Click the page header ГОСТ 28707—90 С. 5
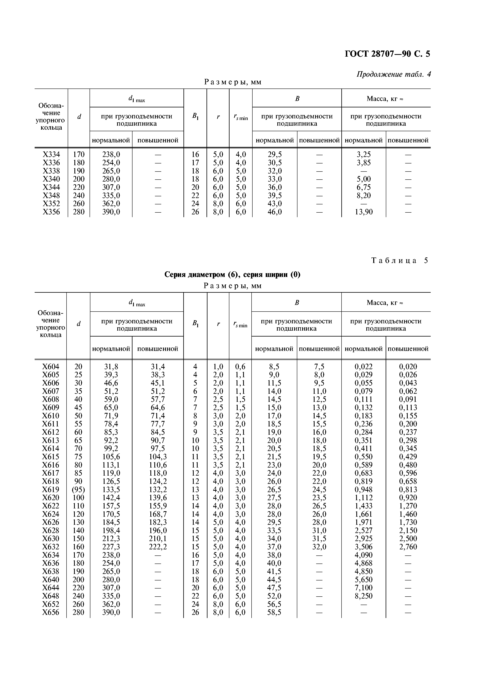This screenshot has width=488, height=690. click(x=387, y=54)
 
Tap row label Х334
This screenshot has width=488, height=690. click(x=51, y=154)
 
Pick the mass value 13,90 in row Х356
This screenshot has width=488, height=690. click(x=364, y=212)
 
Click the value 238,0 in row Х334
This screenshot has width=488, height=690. click(x=111, y=154)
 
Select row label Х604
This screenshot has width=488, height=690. click(x=51, y=367)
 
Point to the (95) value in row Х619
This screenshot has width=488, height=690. click(x=78, y=490)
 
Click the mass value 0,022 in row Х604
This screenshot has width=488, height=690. click(x=364, y=367)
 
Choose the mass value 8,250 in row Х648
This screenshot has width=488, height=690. click(x=364, y=596)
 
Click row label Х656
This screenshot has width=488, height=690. click(x=51, y=613)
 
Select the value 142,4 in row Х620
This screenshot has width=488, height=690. click(x=111, y=498)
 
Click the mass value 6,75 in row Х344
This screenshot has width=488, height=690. click(x=364, y=187)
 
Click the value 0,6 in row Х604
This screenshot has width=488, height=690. click(x=240, y=367)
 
